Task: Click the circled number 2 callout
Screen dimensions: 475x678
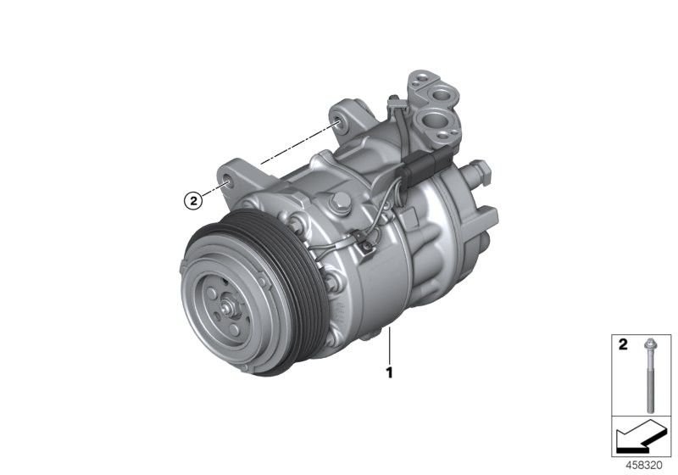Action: (194, 201)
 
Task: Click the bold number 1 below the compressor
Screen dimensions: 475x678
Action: (389, 372)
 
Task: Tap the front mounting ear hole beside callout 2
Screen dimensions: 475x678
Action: (227, 181)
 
